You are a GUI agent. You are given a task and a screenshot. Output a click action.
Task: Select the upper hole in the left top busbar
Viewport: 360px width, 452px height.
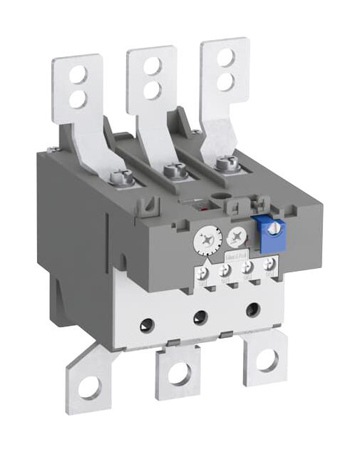pyautogui.click(x=78, y=73)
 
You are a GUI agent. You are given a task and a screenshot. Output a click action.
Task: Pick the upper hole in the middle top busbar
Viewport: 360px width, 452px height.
pyautogui.click(x=152, y=67)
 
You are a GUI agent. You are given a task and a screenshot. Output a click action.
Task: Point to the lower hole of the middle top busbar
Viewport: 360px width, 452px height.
pyautogui.click(x=152, y=88)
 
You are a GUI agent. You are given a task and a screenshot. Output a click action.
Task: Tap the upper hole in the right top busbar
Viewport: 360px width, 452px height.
pyautogui.click(x=225, y=58)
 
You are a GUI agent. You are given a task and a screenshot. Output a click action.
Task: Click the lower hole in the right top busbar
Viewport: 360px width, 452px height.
pyautogui.click(x=225, y=80)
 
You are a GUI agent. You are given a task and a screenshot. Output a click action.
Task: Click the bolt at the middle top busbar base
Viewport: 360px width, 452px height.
pyautogui.click(x=172, y=171)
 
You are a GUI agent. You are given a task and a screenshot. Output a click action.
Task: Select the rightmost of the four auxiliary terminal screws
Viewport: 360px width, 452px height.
pyautogui.click(x=269, y=264)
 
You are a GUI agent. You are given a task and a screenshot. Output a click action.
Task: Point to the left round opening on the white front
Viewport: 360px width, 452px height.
pyautogui.click(x=147, y=325)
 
